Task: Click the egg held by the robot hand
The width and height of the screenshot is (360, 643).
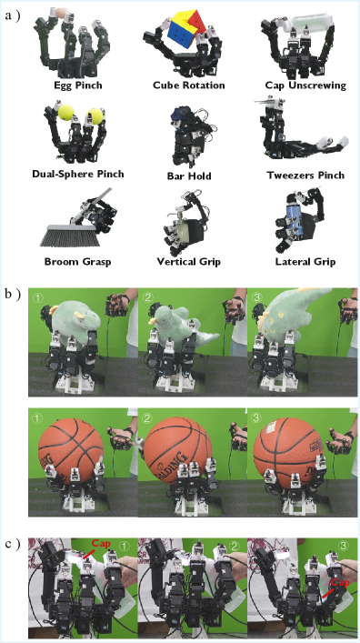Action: point(62,13)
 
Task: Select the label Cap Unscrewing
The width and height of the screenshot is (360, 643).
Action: point(305,85)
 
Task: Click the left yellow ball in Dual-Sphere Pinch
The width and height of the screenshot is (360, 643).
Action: point(65,112)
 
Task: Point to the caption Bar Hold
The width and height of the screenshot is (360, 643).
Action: point(189,176)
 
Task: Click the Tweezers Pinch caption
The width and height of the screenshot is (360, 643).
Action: point(305,176)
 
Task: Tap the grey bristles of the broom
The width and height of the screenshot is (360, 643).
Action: point(70,236)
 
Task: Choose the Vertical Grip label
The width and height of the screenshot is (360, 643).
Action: point(188,262)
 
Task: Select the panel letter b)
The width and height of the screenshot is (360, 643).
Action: point(13,295)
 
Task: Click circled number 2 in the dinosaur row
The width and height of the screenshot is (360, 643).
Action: point(147,296)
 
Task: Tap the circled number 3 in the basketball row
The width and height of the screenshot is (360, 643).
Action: point(256,418)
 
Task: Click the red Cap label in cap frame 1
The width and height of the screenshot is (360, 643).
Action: point(101,543)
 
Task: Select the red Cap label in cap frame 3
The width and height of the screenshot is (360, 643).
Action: point(340,582)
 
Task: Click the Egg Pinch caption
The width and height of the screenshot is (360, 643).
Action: point(78,85)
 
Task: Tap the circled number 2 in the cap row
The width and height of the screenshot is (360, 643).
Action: point(235,546)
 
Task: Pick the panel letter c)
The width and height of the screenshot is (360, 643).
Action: point(13,544)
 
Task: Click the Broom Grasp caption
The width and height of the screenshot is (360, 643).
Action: point(77,262)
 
